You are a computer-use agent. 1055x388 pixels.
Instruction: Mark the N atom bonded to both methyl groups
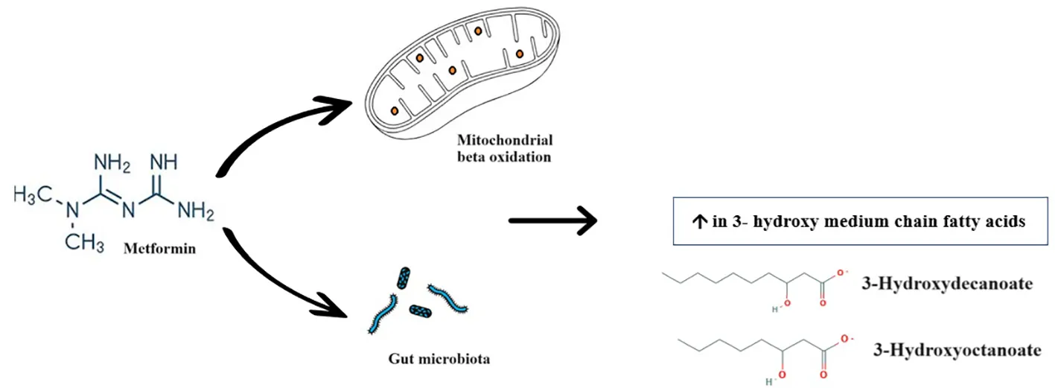pos(72,211)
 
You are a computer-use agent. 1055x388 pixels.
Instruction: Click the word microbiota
pos(458,359)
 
